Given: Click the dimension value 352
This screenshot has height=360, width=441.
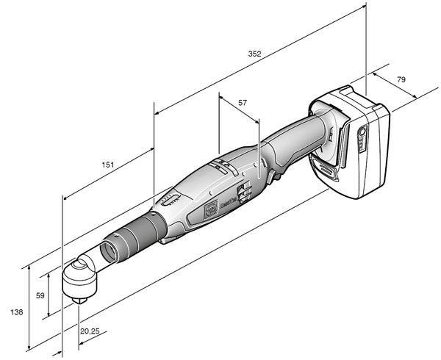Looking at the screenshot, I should [x=254, y=54].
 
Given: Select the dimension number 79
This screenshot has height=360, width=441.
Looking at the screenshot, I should [x=401, y=79].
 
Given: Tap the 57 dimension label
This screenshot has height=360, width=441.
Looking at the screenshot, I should [x=243, y=103].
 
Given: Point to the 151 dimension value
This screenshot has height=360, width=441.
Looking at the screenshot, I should [x=107, y=165].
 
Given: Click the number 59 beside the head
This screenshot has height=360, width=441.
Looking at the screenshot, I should [x=41, y=295].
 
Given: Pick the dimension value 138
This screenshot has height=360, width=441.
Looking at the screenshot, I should [x=17, y=312].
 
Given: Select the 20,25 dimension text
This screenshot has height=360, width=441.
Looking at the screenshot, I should [x=90, y=332].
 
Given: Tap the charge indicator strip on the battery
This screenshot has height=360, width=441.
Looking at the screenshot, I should [x=361, y=139].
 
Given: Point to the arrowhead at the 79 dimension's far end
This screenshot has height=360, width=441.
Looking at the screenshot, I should [x=416, y=98].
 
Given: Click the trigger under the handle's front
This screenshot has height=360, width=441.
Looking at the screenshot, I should [x=278, y=174].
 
